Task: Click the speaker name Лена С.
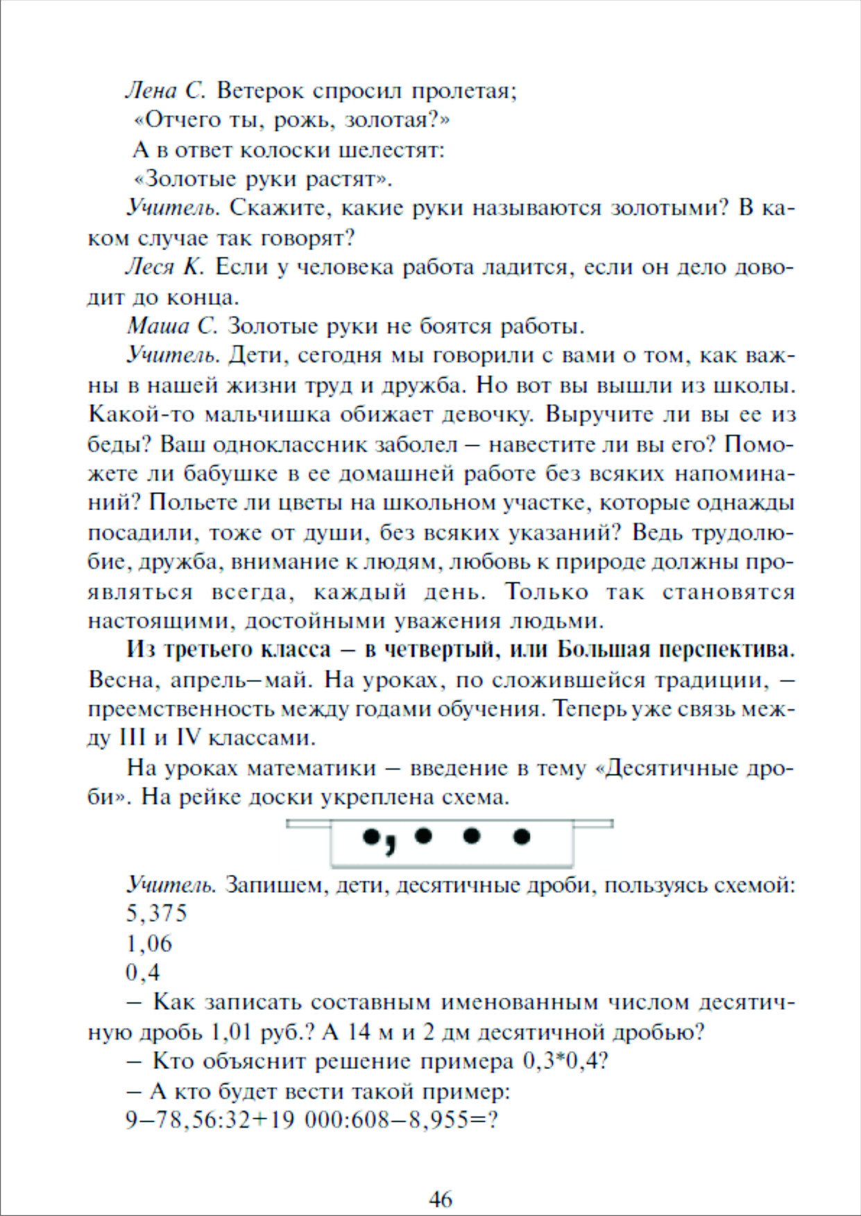[x=165, y=91]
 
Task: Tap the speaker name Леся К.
[x=164, y=267]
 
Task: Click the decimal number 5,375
[x=157, y=914]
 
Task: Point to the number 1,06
[x=149, y=944]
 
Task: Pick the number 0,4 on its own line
[x=143, y=973]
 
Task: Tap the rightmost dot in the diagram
[x=521, y=837]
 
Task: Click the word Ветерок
[x=259, y=91]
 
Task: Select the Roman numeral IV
[x=188, y=738]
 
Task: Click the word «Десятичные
[x=667, y=768]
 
